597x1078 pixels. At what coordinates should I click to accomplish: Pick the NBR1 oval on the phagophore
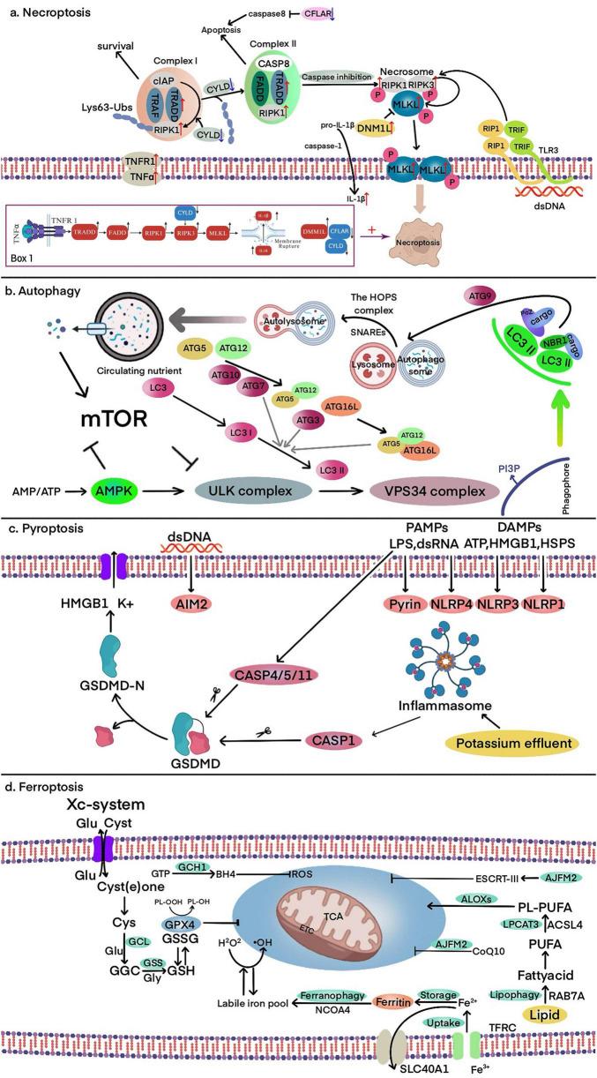tap(529, 363)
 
